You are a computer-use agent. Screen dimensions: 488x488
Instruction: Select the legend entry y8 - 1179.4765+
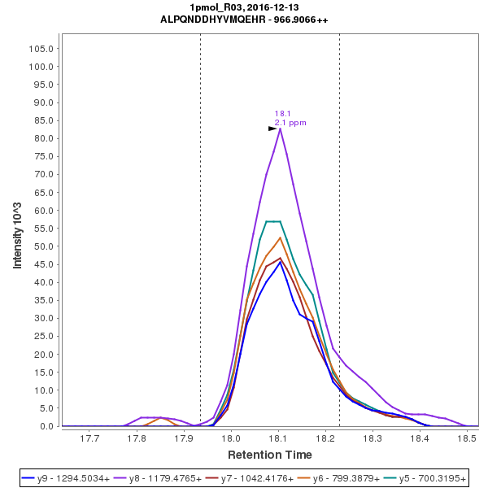[x=166, y=477]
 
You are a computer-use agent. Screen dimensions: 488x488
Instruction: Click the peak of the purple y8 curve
[x=280, y=129]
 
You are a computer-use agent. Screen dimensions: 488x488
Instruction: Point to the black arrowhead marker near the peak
[x=273, y=129]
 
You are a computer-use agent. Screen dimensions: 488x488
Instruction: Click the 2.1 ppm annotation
[x=290, y=123]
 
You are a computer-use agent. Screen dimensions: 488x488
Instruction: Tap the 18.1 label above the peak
[x=282, y=114]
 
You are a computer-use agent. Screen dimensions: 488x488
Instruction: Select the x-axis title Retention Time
[x=269, y=455]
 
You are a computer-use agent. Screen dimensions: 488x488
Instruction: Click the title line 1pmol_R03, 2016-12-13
[x=244, y=7]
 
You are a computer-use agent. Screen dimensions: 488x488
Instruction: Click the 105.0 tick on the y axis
[x=41, y=48]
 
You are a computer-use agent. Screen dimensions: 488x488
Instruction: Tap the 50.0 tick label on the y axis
[x=44, y=246]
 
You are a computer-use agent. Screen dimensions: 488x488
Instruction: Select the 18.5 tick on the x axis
[x=467, y=439]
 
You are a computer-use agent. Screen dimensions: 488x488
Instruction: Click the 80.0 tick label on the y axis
[x=44, y=138]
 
